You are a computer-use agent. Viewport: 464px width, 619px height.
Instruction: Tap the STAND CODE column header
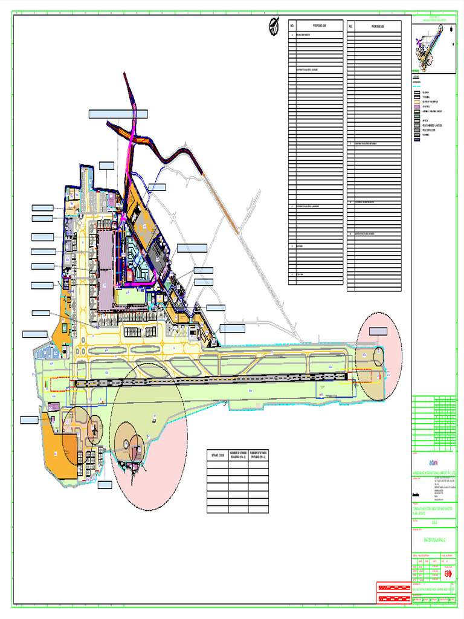point(217,455)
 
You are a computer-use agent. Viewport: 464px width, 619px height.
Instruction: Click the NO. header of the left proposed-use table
point(292,26)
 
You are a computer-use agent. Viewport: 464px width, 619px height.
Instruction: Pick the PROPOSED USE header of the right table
point(376,27)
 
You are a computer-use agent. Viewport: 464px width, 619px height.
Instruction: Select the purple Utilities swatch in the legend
point(416,106)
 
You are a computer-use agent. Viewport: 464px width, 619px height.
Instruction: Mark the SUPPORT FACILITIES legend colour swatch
point(416,102)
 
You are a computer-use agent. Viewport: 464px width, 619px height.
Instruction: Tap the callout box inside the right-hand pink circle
point(378,331)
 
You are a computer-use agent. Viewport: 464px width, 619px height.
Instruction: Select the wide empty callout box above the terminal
point(118,114)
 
